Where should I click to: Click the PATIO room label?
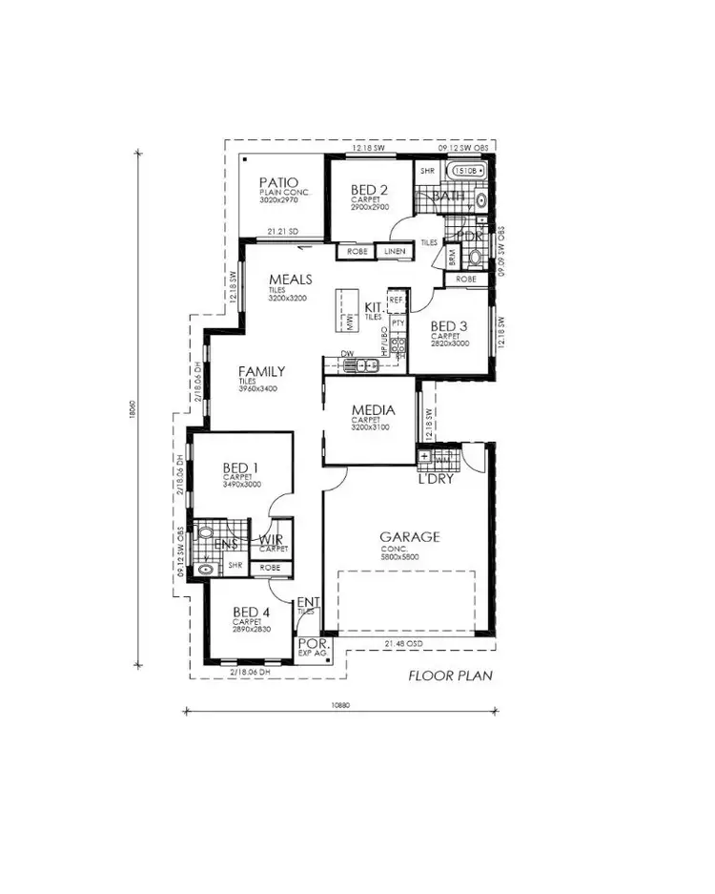pyautogui.click(x=278, y=182)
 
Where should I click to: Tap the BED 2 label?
pyautogui.click(x=369, y=189)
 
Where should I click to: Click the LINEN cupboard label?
pyautogui.click(x=395, y=251)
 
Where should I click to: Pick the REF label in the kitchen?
pyautogui.click(x=397, y=300)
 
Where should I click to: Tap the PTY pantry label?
pyautogui.click(x=398, y=323)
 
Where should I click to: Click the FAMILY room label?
pyautogui.click(x=261, y=371)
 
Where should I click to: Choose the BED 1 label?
pyautogui.click(x=241, y=467)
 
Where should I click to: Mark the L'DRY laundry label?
pyautogui.click(x=435, y=478)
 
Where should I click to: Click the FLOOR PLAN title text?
pyautogui.click(x=449, y=676)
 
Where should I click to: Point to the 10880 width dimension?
pyautogui.click(x=341, y=705)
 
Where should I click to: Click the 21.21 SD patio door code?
pyautogui.click(x=282, y=230)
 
